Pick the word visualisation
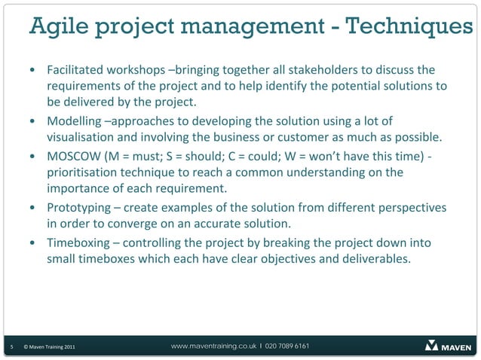(81, 137)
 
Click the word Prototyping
(78, 207)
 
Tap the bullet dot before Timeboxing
(34, 243)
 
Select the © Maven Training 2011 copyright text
(48, 346)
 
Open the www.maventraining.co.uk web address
(213, 346)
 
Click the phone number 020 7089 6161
(286, 346)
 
